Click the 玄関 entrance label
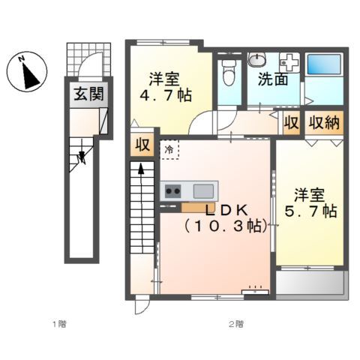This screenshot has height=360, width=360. pos(88,94)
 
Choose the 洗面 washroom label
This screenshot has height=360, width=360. pos(274,79)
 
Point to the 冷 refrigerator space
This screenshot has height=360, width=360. pos(172,149)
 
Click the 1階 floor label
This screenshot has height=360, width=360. pos(58,323)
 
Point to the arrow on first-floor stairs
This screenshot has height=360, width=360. pos(82,155)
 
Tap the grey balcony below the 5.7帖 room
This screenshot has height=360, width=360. pos(310,284)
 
